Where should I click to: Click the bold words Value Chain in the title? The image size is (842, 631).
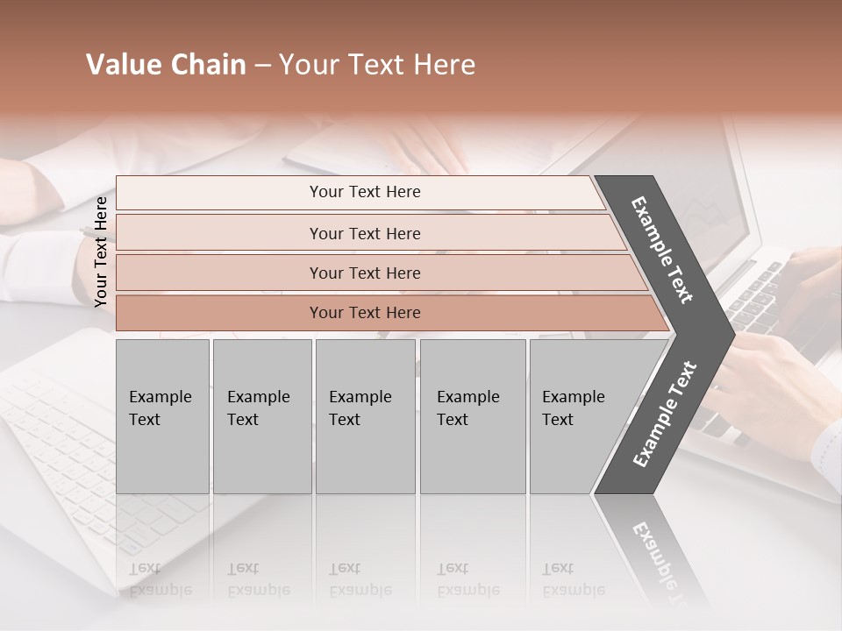pos(166,65)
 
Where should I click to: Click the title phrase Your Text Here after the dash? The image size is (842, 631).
pos(377,65)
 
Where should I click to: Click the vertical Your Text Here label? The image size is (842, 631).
pos(101,252)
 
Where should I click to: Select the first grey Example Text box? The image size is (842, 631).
pos(162,415)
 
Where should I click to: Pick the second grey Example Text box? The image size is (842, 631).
pos(261,415)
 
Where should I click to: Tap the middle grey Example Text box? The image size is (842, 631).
pos(365,415)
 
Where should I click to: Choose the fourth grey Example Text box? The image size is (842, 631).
pos(472,415)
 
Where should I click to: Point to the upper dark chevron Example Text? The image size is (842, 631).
pos(663,249)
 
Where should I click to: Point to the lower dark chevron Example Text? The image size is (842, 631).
pos(665,415)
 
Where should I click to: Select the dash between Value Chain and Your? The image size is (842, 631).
pos(262,66)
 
